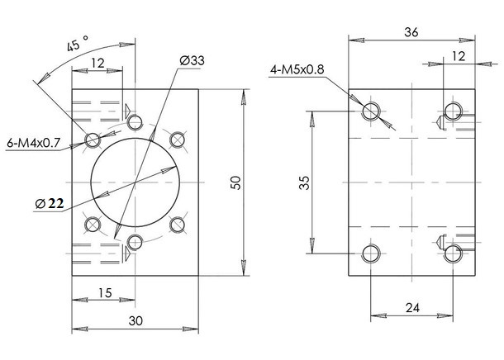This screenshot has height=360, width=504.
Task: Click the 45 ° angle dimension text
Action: [x=77, y=44]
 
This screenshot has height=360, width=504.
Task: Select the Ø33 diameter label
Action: [x=192, y=61]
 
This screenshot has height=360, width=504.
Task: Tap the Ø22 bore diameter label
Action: [x=50, y=203]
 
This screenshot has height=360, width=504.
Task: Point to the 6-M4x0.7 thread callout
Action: [x=33, y=143]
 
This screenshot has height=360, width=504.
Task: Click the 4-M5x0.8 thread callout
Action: [x=297, y=69]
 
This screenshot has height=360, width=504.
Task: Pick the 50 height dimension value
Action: [x=236, y=182]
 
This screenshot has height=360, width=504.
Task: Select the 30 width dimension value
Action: [x=136, y=320]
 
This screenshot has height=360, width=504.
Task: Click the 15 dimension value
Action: [x=105, y=293]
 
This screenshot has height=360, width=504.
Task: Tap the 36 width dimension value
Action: [x=411, y=32]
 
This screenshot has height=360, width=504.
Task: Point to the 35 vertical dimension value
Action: [x=305, y=182]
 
